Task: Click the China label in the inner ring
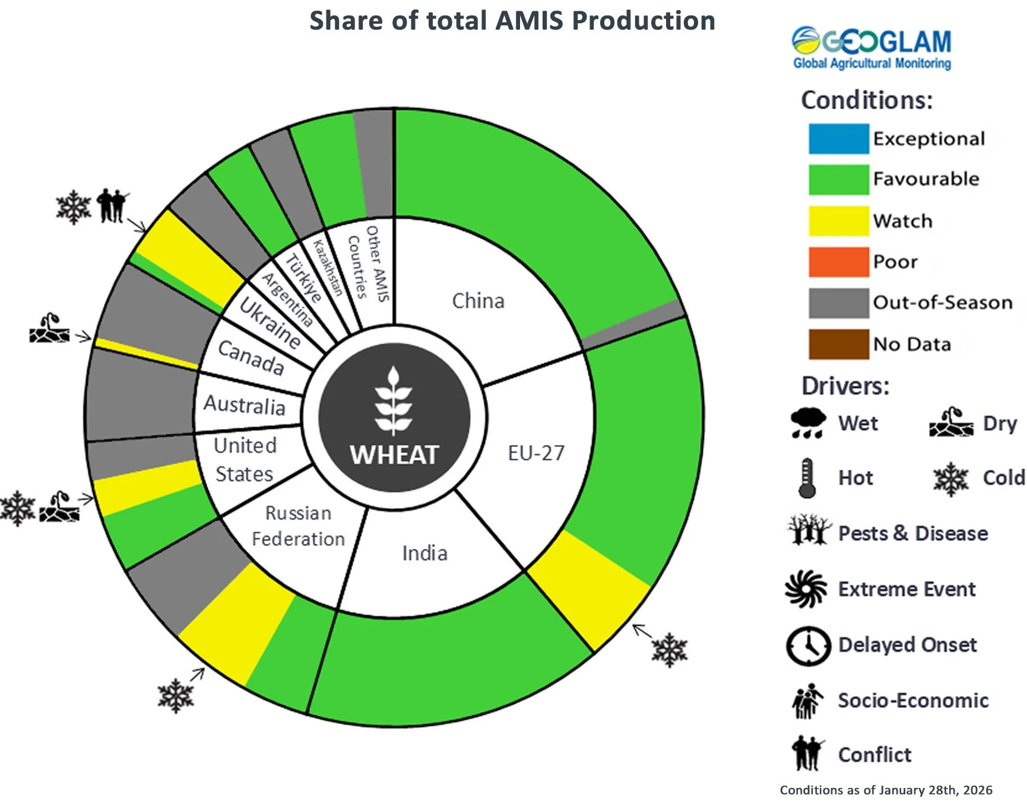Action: [478, 301]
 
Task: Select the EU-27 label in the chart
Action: [536, 453]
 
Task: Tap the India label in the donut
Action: [424, 553]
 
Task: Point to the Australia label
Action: [244, 405]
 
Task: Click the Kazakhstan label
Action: [328, 268]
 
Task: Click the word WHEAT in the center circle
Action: [394, 455]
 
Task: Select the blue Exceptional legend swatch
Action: [838, 139]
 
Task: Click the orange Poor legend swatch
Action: [838, 262]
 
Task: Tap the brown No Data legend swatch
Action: [838, 344]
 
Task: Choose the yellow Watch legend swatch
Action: [838, 221]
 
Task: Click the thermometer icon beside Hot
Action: [807, 478]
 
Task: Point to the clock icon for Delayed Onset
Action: [808, 646]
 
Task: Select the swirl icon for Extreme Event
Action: [806, 589]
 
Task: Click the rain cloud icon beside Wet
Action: [807, 422]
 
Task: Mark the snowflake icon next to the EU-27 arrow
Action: [670, 650]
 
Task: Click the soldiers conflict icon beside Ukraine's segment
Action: [112, 205]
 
